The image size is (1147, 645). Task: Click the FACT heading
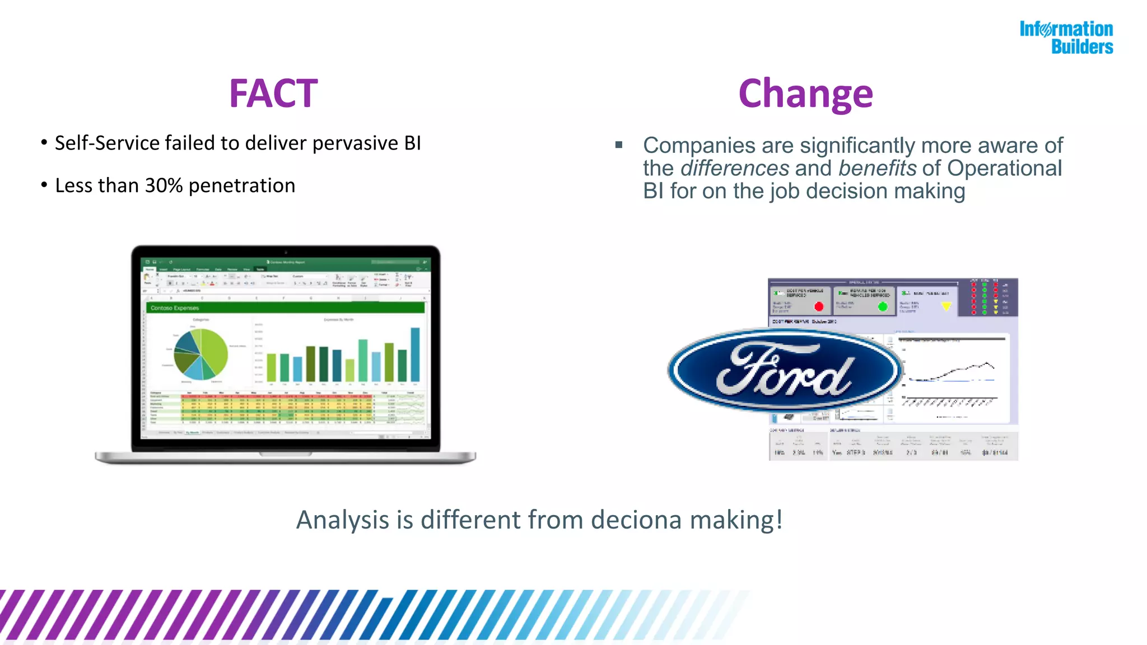point(273,94)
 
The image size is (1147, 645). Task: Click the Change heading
point(805,94)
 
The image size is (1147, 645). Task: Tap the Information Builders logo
point(1066,38)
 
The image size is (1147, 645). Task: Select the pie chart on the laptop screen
point(201,353)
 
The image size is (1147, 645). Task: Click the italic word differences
point(735,169)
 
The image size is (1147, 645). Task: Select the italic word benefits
point(877,169)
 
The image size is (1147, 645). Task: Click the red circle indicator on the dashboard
point(819,306)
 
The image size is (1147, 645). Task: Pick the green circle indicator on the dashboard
point(883,306)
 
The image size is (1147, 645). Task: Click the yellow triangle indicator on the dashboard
point(946,306)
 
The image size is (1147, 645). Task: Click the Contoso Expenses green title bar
point(285,308)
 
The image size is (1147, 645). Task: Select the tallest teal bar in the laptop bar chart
point(415,354)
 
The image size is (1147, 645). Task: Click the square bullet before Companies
point(619,145)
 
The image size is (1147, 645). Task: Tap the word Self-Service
point(107,143)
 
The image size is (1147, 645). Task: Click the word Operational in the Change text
point(1004,169)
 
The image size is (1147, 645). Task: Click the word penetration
point(241,185)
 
